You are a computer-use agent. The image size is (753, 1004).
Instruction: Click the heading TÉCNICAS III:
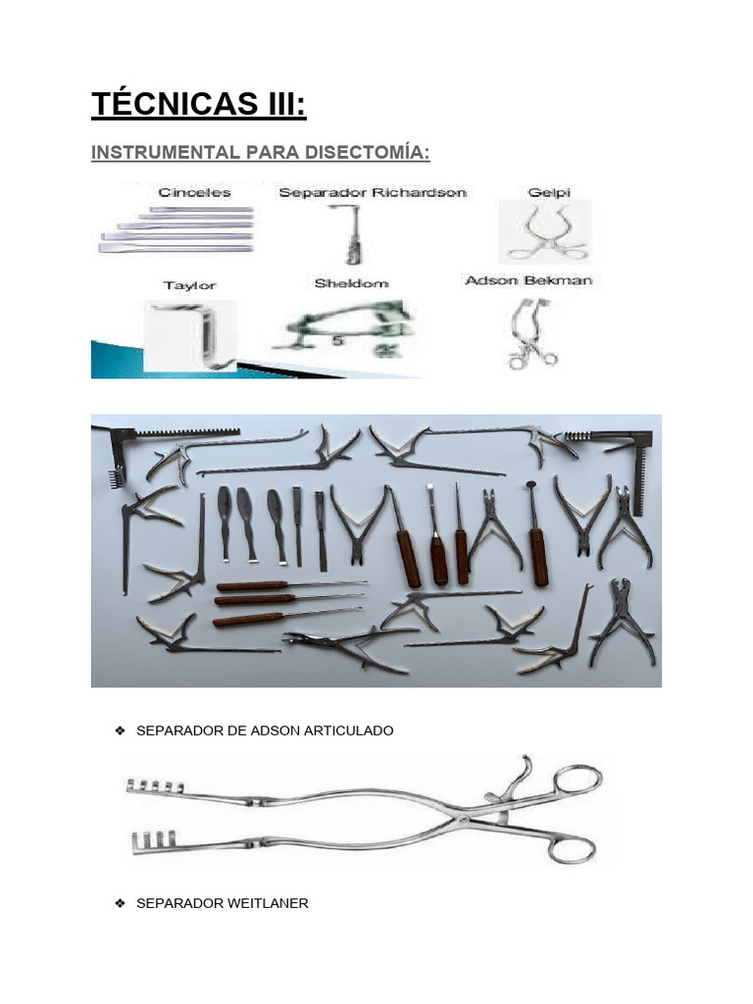[198, 104]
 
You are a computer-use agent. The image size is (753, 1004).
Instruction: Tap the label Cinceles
[194, 192]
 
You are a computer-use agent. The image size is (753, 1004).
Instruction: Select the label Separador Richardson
[372, 192]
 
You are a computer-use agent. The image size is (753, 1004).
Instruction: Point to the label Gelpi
[548, 192]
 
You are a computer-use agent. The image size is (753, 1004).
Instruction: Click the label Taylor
[189, 285]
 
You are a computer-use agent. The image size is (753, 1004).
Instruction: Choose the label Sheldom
[351, 283]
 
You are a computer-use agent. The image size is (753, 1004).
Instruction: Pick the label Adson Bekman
[528, 280]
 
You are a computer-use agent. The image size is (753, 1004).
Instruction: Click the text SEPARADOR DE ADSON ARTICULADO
[265, 731]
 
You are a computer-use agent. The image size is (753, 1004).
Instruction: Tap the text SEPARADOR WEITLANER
[222, 903]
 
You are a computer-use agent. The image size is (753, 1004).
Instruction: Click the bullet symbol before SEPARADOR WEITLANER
[120, 903]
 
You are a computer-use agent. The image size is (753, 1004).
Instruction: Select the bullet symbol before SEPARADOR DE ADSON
[120, 731]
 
